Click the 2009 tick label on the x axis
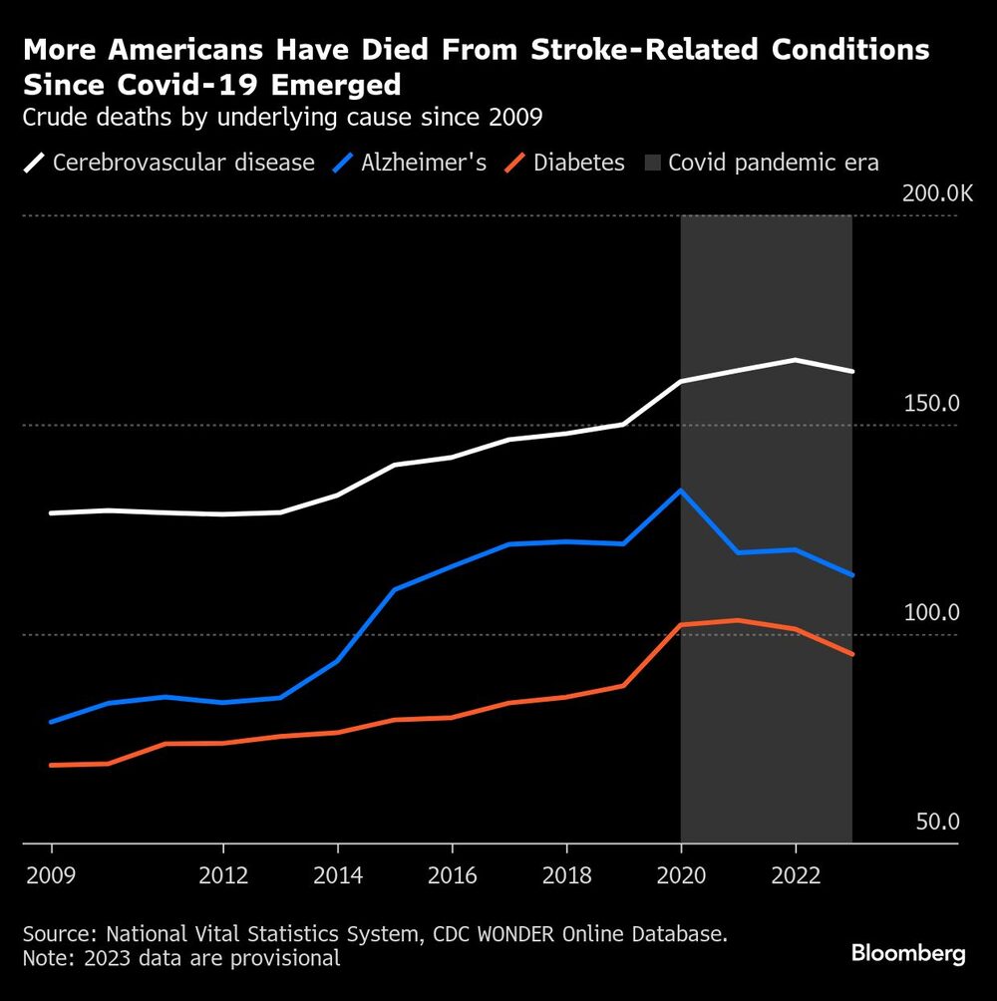[51, 875]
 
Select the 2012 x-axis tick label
[223, 875]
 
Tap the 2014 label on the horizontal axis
[338, 875]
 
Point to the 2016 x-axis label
[453, 875]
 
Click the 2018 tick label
[566, 875]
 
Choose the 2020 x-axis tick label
[681, 875]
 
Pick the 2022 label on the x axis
[796, 875]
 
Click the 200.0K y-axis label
[937, 193]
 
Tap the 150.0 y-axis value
[931, 404]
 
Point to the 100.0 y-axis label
[931, 613]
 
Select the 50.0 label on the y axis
[936, 823]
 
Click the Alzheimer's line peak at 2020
[681, 491]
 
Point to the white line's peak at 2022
[796, 360]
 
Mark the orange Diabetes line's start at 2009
[52, 765]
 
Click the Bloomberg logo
[908, 954]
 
